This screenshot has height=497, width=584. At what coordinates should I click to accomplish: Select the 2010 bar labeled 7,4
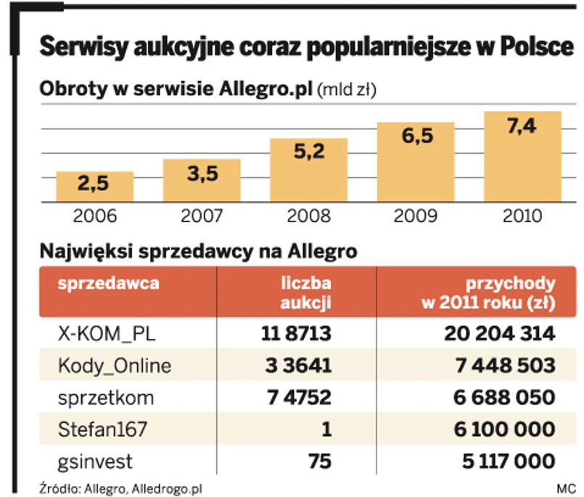(522, 156)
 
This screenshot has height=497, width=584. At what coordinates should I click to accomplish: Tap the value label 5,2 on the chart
(308, 152)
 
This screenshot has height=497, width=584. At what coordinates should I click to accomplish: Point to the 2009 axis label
(415, 215)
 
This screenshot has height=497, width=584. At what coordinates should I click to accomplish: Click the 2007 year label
(202, 215)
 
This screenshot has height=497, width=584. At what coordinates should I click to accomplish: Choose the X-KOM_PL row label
(107, 334)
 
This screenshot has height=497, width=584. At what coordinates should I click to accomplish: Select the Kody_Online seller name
(115, 366)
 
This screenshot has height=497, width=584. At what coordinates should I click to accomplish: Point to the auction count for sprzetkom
(296, 398)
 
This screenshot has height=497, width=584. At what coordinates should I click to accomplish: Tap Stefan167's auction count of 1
(326, 430)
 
